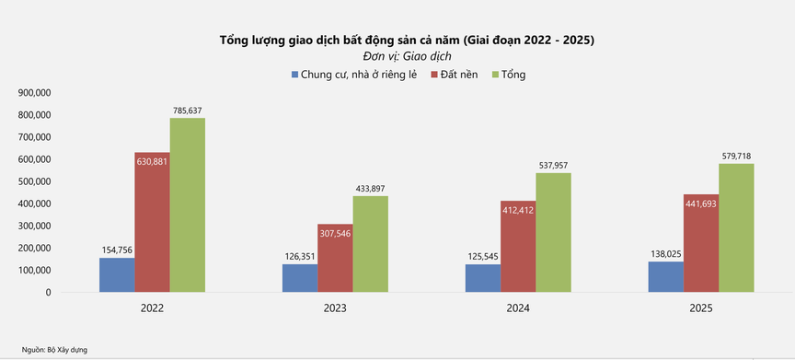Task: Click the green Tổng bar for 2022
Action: [187, 204]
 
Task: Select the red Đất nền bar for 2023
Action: [335, 258]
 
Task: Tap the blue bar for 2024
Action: [482, 278]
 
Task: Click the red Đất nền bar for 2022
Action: [152, 222]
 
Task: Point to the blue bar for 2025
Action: [665, 276]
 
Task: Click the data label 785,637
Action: [188, 110]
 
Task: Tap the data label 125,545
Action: [483, 256]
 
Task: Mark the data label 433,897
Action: [371, 188]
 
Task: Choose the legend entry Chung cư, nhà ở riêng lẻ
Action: [354, 74]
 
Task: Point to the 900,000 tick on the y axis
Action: [34, 93]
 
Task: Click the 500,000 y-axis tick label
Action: [34, 181]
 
